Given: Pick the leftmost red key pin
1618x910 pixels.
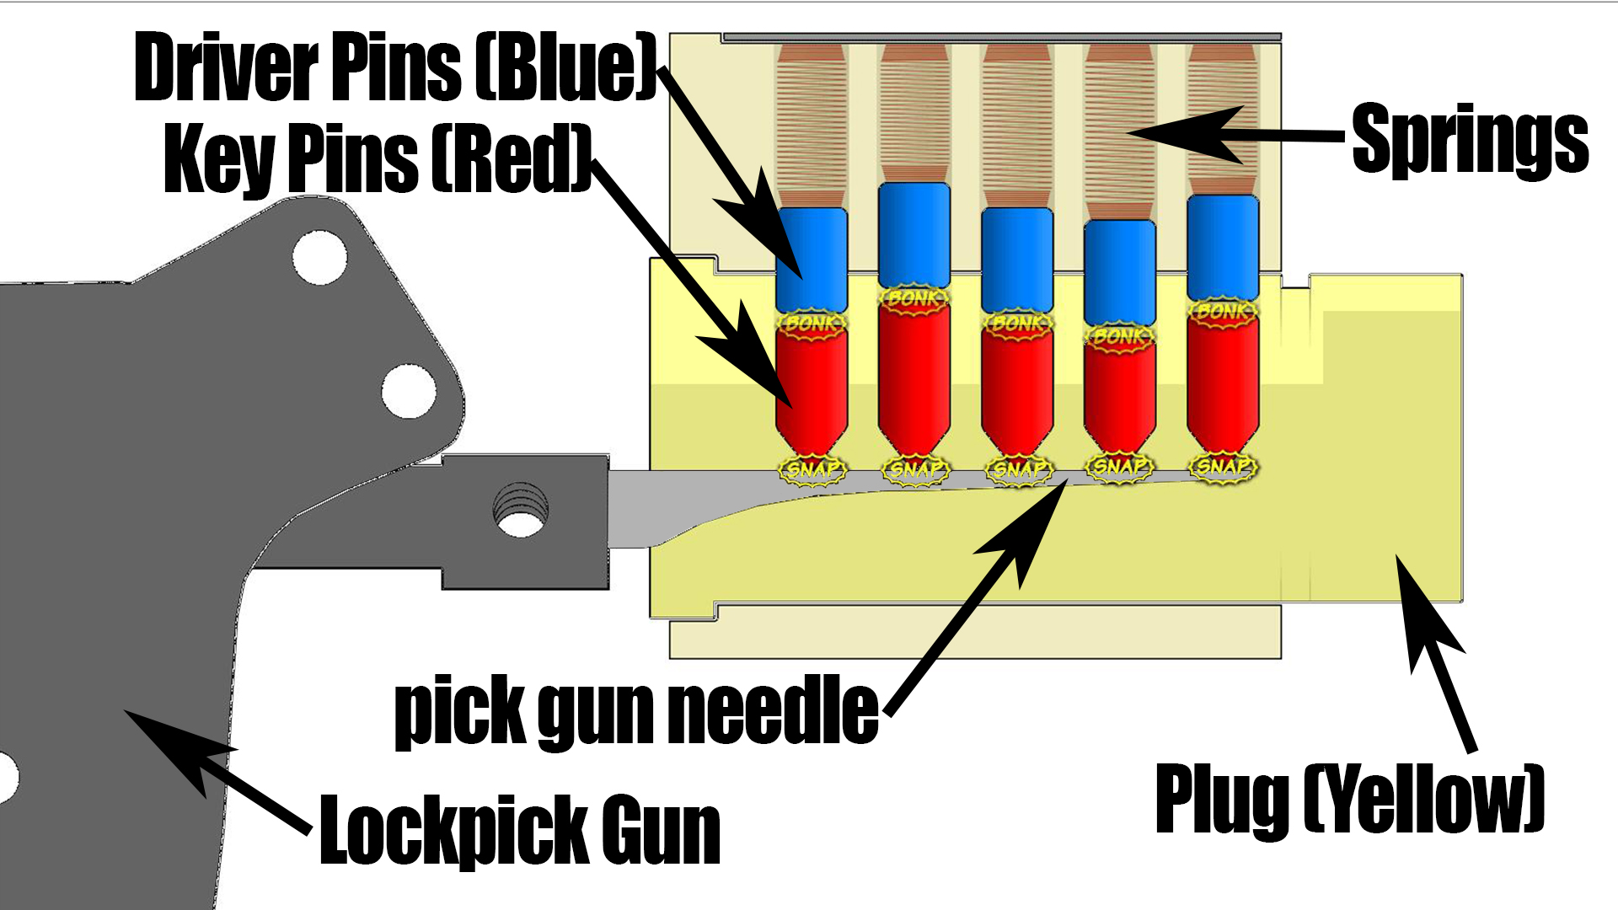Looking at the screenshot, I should pos(812,388).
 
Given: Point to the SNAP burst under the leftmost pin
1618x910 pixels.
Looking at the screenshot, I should pos(812,469).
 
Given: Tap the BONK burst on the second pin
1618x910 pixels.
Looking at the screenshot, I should pos(914,298).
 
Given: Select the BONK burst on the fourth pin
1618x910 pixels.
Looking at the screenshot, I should pos(1119,336).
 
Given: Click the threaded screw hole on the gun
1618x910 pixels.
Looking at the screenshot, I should pos(521,511).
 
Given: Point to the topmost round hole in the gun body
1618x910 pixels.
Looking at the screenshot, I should pos(319,257).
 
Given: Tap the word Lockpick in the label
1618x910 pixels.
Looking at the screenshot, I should pos(455,831).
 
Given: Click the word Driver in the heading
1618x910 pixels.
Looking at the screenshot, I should pos(228,67).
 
